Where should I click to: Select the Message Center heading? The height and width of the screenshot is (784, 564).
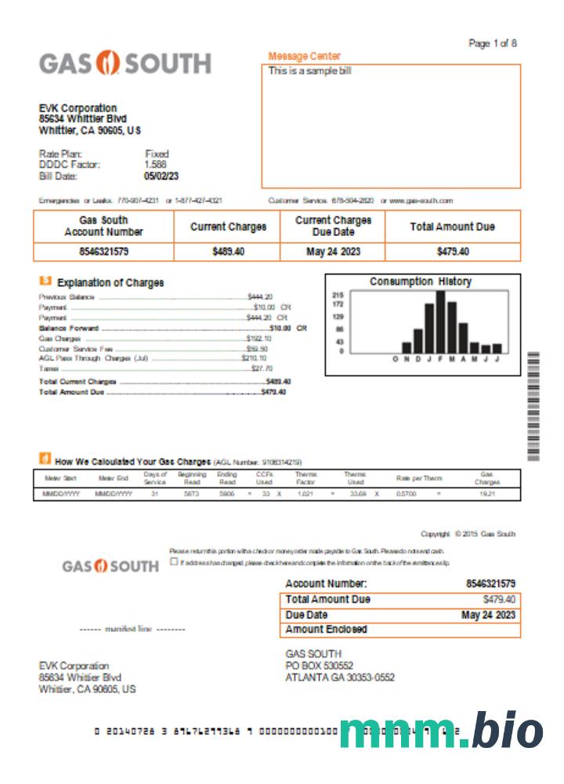(x=304, y=56)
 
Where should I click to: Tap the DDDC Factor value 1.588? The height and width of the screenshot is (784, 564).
(x=155, y=165)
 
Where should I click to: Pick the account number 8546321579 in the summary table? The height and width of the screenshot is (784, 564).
(x=103, y=252)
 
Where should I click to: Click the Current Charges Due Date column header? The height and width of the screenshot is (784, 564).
(x=333, y=227)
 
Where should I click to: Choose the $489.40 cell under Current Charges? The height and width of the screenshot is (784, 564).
(x=228, y=252)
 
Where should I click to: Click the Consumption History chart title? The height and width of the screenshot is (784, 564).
(x=421, y=281)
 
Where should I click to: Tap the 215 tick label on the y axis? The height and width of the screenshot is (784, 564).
(x=338, y=295)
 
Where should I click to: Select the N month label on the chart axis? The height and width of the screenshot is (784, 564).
(x=407, y=359)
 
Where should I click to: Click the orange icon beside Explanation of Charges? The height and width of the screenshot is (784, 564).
(x=45, y=281)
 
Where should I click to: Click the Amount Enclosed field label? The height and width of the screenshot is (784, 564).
(x=326, y=630)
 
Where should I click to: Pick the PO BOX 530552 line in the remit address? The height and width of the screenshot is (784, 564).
(x=320, y=666)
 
